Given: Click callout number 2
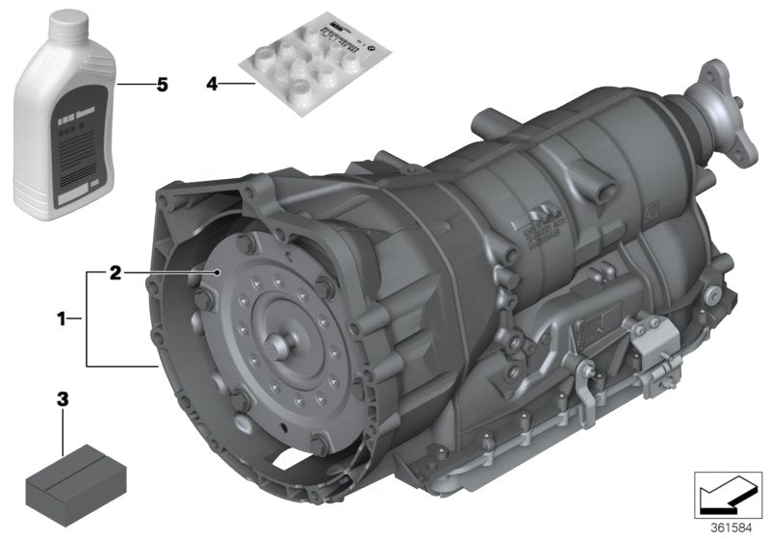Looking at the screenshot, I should click(x=115, y=273).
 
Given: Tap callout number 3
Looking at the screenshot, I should click(x=64, y=396).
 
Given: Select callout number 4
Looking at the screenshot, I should click(x=211, y=85).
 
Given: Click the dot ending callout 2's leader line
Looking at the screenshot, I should click(x=220, y=273).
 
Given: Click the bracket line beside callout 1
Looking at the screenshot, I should click(x=87, y=319).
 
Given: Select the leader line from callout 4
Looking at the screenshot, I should click(x=238, y=85).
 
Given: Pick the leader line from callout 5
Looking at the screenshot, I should click(x=135, y=85).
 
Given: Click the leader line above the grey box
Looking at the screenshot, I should click(x=64, y=428).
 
